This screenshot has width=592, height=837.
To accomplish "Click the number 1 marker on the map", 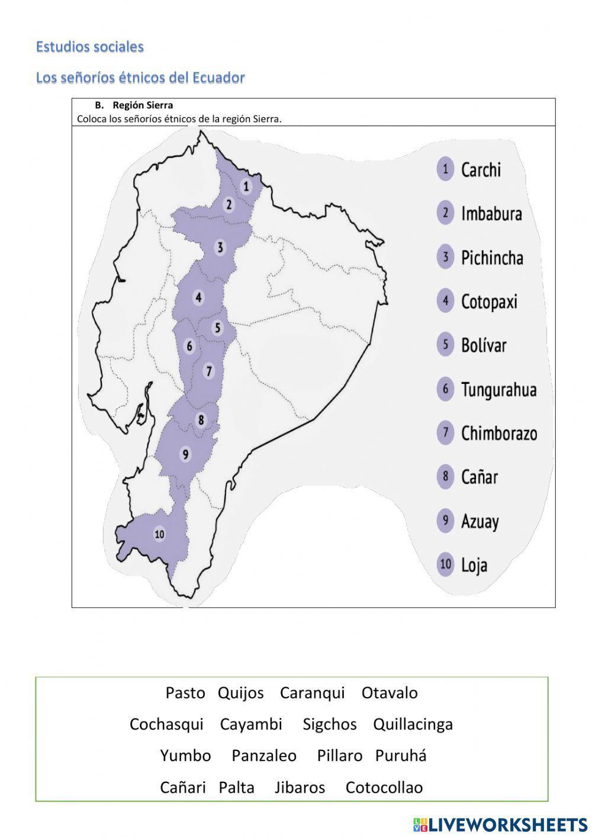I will [246, 187].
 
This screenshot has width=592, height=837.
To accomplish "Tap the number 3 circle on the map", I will [220, 247].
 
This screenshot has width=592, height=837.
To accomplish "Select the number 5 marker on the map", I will [217, 328].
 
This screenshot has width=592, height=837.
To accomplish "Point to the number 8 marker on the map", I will [201, 420].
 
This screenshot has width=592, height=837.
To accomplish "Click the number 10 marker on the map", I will [159, 534].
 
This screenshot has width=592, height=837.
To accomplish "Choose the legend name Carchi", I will [481, 170].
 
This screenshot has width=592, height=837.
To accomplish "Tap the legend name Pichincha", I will [492, 258].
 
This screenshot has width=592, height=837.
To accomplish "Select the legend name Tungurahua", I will [498, 390].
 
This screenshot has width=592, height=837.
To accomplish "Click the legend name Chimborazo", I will [499, 434].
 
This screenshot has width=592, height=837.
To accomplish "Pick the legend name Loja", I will [474, 565].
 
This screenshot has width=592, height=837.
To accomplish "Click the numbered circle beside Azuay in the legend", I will [445, 521].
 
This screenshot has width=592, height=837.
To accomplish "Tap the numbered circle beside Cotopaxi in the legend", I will [445, 301].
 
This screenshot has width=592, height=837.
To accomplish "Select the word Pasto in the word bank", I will [185, 692].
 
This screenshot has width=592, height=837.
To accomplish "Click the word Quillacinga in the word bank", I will [413, 724].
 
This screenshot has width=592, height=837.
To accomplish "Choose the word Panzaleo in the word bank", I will [264, 756].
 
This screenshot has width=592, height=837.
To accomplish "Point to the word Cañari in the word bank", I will [183, 787].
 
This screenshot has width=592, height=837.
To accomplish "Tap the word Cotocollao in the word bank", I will [384, 787].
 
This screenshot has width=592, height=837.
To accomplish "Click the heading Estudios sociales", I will [90, 47].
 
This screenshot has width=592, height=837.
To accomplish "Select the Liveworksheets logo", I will [500, 824].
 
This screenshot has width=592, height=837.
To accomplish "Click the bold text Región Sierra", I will [143, 105].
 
